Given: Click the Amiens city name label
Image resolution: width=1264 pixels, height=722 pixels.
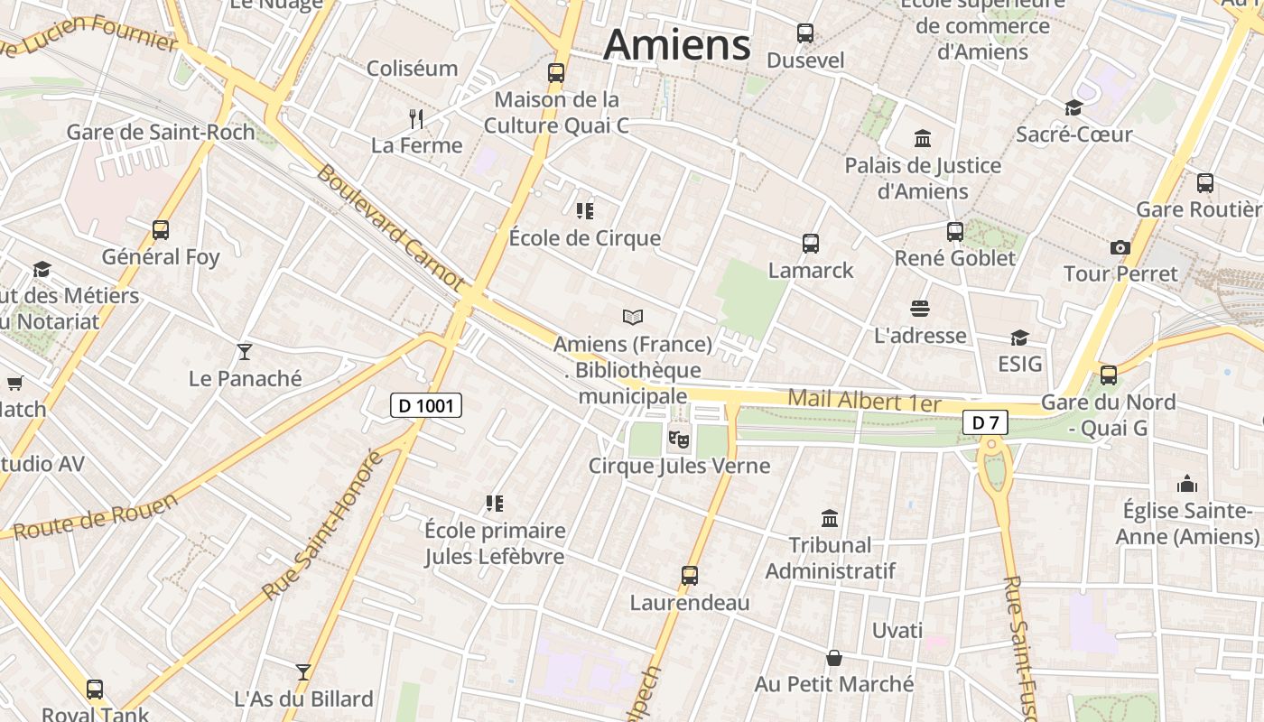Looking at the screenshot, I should (x=677, y=44).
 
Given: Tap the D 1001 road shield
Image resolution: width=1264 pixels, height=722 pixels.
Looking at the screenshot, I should (x=426, y=405).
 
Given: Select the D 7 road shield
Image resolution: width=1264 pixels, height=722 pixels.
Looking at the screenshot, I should (x=985, y=421).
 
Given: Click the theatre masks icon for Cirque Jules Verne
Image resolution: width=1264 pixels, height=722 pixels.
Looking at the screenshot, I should (x=678, y=440).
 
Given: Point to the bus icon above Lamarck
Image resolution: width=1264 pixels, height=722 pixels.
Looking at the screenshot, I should (x=811, y=243).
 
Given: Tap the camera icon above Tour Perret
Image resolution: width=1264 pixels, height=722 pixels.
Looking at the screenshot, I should (x=1120, y=247).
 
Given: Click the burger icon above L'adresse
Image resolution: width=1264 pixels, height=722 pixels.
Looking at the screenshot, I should (x=920, y=309).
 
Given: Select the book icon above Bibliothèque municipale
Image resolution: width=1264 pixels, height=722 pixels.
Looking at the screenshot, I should (x=633, y=317).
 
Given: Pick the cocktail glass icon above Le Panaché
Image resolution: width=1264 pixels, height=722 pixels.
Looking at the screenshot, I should (x=245, y=351).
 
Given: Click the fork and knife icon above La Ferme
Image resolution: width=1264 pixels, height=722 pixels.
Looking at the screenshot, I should (x=416, y=118).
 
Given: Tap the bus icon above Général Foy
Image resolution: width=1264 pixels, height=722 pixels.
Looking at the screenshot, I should (x=161, y=230).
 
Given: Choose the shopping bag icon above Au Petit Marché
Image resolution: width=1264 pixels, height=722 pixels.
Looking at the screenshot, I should (x=834, y=658).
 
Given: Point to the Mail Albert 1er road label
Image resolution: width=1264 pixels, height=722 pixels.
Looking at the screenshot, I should (x=864, y=402).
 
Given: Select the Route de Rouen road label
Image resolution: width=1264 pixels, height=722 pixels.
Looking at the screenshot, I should (x=96, y=516).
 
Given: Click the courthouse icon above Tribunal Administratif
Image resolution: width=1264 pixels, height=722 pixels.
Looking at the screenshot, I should (x=830, y=518).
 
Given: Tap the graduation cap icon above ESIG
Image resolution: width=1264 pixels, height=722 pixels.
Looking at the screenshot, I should (x=1019, y=338).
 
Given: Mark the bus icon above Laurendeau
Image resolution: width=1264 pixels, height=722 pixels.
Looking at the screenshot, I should (x=690, y=576).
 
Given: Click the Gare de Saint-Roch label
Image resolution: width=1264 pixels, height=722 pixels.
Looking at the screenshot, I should (x=161, y=132).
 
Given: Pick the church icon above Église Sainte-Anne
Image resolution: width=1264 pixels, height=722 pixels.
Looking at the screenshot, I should (x=1187, y=484).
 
